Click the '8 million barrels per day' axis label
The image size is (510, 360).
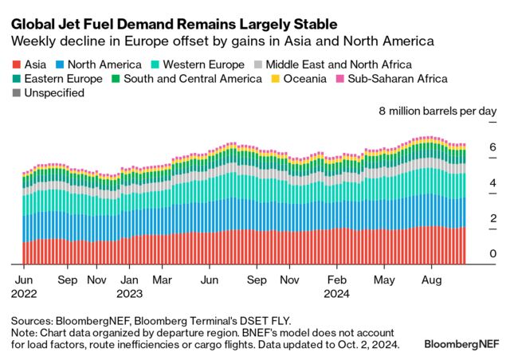click(x=437, y=112)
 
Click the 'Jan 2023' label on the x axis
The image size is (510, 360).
click(x=131, y=287)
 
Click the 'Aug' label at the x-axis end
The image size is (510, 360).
click(x=431, y=280)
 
